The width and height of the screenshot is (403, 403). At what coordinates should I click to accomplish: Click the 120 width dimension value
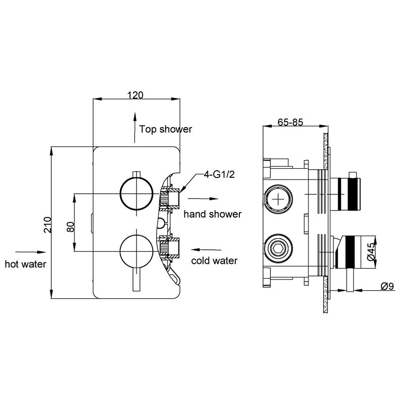pyautogui.click(x=136, y=95)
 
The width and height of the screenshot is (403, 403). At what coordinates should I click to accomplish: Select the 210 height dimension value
pyautogui.click(x=47, y=225)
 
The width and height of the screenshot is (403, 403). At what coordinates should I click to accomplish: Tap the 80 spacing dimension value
pyautogui.click(x=70, y=227)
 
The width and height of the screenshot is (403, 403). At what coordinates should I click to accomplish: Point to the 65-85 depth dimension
pyautogui.click(x=290, y=122)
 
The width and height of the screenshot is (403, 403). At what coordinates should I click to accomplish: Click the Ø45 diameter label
pyautogui.click(x=371, y=252)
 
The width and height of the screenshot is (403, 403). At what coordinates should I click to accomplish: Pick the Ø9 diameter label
pyautogui.click(x=387, y=286)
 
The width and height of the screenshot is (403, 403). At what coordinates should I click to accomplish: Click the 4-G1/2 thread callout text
pyautogui.click(x=219, y=175)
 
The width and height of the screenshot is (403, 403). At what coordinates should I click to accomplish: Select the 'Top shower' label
pyautogui.click(x=166, y=129)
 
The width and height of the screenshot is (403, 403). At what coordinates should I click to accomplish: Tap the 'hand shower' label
pyautogui.click(x=213, y=214)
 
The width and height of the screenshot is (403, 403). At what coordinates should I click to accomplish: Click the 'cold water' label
pyautogui.click(x=214, y=260)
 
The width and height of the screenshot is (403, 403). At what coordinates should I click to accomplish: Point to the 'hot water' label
pyautogui.click(x=26, y=264)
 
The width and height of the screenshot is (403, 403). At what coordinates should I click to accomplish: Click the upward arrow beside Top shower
pyautogui.click(x=135, y=127)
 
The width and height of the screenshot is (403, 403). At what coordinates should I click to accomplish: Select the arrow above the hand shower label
pyautogui.click(x=203, y=198)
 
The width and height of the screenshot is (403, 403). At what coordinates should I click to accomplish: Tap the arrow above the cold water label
pyautogui.click(x=206, y=249)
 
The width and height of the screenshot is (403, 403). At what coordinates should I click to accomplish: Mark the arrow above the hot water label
pyautogui.click(x=31, y=252)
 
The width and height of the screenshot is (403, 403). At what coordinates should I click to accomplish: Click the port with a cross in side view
pyautogui.click(x=279, y=199)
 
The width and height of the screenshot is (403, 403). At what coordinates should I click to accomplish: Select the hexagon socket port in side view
pyautogui.click(x=279, y=248)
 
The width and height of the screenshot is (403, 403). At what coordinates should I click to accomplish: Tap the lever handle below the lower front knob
pyautogui.click(x=137, y=280)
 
